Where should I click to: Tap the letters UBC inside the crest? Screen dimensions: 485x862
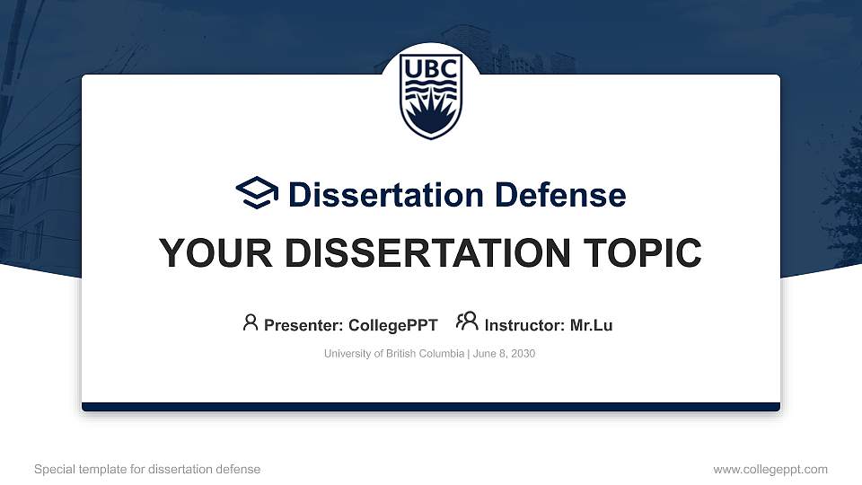click(431, 70)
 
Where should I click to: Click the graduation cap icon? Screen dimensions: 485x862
click(258, 193)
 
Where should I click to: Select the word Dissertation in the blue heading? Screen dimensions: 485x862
click(376, 195)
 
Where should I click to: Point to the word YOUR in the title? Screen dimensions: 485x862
click(206, 254)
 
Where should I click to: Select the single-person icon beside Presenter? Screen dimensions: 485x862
click(251, 322)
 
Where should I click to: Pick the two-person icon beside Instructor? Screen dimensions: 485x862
click(467, 322)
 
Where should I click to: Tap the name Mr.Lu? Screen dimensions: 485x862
click(591, 325)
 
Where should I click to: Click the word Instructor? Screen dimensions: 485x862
click(525, 325)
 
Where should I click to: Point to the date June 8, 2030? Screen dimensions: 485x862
click(504, 354)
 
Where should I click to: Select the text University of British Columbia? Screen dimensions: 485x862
click(393, 354)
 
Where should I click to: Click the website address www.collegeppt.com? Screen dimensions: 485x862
click(770, 469)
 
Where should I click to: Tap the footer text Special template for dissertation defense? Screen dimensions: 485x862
click(147, 469)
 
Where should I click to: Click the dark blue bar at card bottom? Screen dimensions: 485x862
click(431, 407)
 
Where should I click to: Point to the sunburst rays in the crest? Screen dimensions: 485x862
click(431, 114)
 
